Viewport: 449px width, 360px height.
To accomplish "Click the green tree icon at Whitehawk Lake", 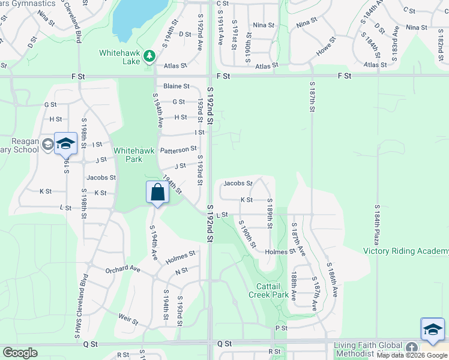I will tap(149, 56).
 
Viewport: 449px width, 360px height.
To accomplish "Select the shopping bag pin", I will tap(157, 193).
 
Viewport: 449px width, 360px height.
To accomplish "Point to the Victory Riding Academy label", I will tap(405, 251).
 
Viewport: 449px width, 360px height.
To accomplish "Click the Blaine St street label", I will tap(176, 86).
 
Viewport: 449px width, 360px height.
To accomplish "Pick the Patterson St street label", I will tap(178, 149).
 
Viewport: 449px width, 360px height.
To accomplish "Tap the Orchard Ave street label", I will tap(122, 270).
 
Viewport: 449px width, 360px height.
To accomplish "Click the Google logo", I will tap(20, 353).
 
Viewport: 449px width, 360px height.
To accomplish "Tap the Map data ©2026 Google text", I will tap(412, 355).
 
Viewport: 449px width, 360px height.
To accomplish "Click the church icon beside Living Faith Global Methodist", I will tap(411, 347).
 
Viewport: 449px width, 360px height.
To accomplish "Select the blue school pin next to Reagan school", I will tap(65, 144).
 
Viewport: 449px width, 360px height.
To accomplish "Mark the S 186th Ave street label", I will tap(332, 280).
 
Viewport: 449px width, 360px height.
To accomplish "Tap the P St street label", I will tap(279, 328).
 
